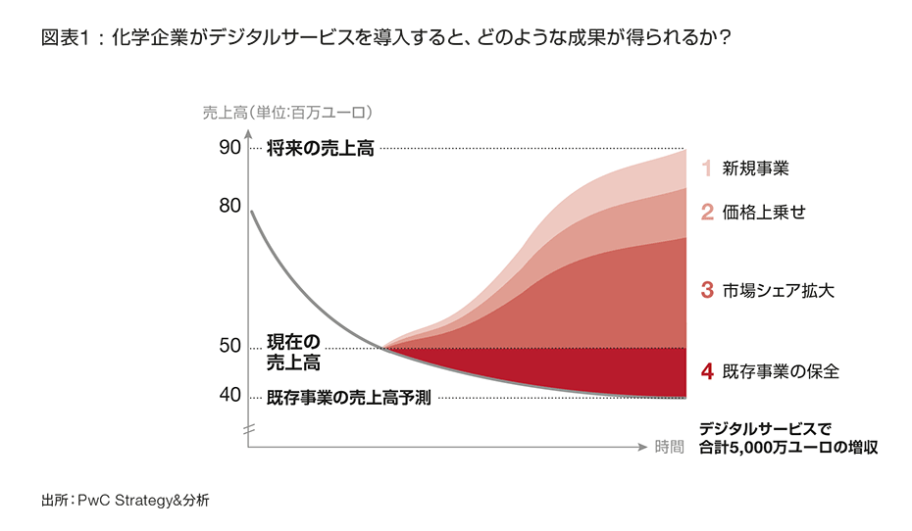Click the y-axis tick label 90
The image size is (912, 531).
229,148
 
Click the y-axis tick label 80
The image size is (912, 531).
229,206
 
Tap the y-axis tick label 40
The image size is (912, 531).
229,395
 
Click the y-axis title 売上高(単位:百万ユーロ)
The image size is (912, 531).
288,112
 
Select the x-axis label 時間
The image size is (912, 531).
670,448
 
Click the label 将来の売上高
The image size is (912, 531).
320,149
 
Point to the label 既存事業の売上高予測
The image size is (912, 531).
348,398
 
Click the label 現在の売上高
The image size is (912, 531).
293,353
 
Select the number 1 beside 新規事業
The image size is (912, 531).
705,169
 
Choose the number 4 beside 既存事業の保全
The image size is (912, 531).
706,371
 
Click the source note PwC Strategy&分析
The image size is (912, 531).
126,500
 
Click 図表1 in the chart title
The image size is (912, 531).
67,39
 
